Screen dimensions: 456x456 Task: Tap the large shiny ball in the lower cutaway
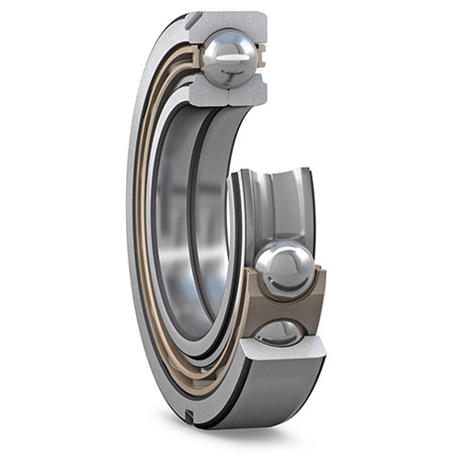(284, 269)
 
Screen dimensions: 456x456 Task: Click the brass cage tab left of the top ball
(195, 57)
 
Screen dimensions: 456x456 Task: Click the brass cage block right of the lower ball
(317, 294)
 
